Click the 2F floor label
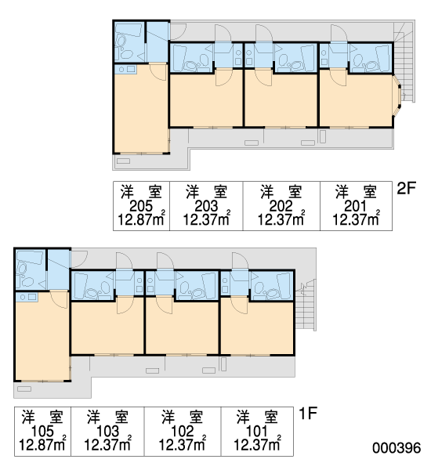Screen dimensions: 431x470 407,189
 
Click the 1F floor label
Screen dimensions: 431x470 308,414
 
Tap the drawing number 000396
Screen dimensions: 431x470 397,448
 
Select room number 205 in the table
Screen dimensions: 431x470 141,206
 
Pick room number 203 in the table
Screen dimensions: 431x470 206,206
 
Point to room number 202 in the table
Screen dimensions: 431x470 281,206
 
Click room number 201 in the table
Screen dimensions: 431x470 356,206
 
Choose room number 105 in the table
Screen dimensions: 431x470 42,432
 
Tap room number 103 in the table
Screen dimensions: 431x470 107,432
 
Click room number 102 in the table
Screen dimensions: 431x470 183,432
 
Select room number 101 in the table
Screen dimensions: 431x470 257,432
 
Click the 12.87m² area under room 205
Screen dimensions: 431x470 141,219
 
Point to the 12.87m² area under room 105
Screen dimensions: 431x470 42,444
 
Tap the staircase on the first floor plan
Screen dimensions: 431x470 306,305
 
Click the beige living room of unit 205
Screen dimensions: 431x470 141,111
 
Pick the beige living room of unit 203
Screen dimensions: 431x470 206,99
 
